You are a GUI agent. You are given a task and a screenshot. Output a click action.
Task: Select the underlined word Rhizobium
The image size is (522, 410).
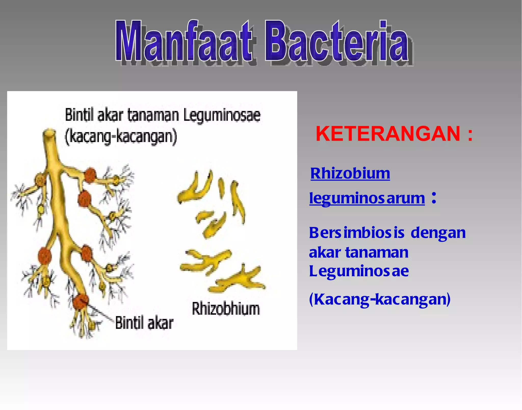pyautogui.click(x=350, y=174)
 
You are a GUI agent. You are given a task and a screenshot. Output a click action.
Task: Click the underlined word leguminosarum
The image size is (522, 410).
pyautogui.click(x=367, y=198)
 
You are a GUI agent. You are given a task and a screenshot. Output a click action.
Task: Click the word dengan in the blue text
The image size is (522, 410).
pyautogui.click(x=438, y=233)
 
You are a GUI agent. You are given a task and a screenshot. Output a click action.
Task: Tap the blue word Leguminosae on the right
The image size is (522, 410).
pyautogui.click(x=359, y=271)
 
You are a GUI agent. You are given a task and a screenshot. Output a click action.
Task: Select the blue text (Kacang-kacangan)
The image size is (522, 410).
pyautogui.click(x=380, y=299)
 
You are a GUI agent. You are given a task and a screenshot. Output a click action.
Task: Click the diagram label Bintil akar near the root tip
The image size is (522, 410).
pyautogui.click(x=144, y=323)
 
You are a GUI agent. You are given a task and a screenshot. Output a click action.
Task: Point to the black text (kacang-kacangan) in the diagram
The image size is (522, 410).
pyautogui.click(x=121, y=137)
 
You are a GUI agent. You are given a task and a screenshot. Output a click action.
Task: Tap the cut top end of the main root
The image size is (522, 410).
pyautogui.click(x=49, y=133)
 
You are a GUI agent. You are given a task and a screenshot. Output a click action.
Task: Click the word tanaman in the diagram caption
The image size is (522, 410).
pyautogui.click(x=153, y=115)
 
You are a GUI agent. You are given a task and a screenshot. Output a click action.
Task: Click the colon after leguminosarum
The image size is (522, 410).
pyautogui.click(x=434, y=198)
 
